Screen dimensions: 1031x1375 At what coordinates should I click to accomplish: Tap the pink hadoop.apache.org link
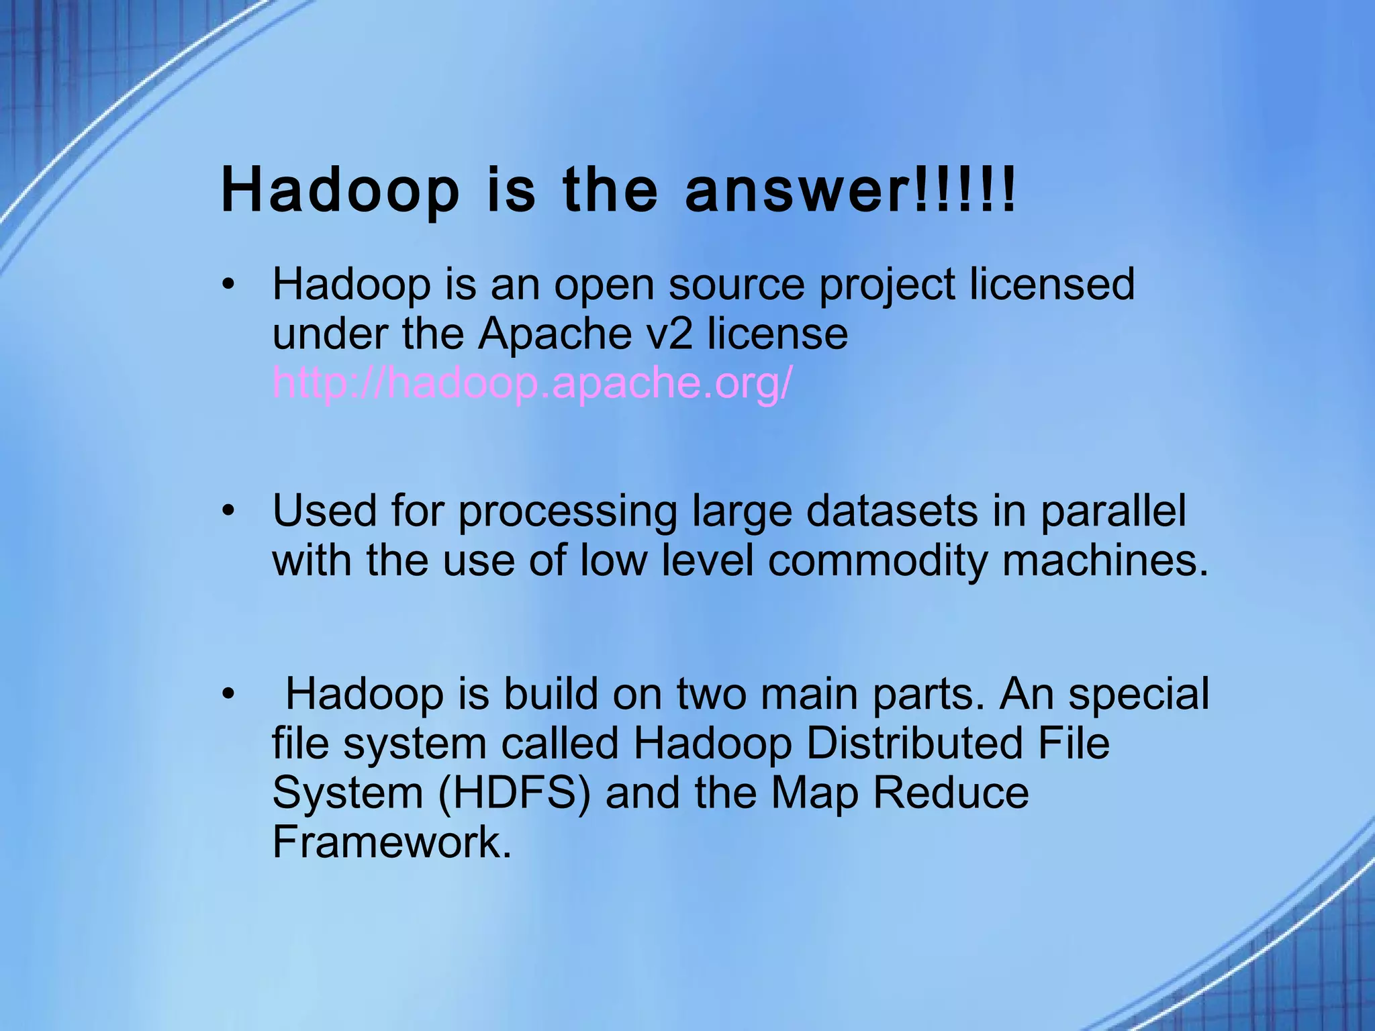pos(532,383)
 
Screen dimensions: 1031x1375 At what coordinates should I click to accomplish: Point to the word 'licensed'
pos(1052,284)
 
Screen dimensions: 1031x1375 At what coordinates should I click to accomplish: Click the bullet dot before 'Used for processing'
pos(230,511)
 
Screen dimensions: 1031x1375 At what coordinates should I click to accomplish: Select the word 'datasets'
pos(892,511)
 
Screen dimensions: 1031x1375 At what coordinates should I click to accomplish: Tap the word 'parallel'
pos(1113,511)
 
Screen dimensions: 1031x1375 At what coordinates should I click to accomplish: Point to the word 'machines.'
pos(1105,560)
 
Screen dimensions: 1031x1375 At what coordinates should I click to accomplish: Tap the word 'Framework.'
pos(392,842)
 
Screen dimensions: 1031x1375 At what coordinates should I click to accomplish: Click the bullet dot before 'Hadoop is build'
pos(230,694)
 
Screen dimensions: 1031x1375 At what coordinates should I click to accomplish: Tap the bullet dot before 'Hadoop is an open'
pos(230,285)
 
